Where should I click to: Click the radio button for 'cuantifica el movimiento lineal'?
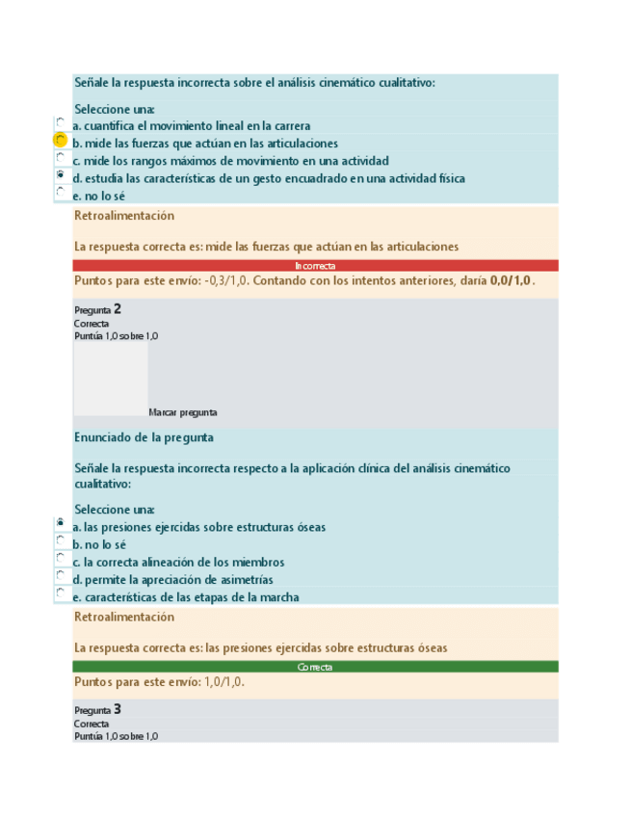[x=61, y=123]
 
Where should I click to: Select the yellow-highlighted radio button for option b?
[x=61, y=141]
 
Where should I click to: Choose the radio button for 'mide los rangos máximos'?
[x=61, y=158]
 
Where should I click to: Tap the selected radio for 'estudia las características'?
[x=61, y=175]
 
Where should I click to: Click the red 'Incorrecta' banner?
[x=315, y=265]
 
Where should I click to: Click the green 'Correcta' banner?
[x=315, y=667]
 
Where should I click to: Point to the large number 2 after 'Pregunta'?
[x=118, y=309]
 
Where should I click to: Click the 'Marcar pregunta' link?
[x=183, y=412]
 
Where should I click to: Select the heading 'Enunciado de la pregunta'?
[x=144, y=437]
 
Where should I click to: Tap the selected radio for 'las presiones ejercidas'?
[x=61, y=524]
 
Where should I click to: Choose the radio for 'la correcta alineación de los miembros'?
[x=61, y=560]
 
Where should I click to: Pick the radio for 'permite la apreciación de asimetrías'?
[x=61, y=577]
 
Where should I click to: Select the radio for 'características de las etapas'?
[x=61, y=594]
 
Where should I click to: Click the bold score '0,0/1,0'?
[x=510, y=280]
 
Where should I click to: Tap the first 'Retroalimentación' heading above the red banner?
[x=124, y=216]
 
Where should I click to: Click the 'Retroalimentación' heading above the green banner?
[x=124, y=617]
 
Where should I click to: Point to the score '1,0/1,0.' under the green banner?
[x=224, y=682]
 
